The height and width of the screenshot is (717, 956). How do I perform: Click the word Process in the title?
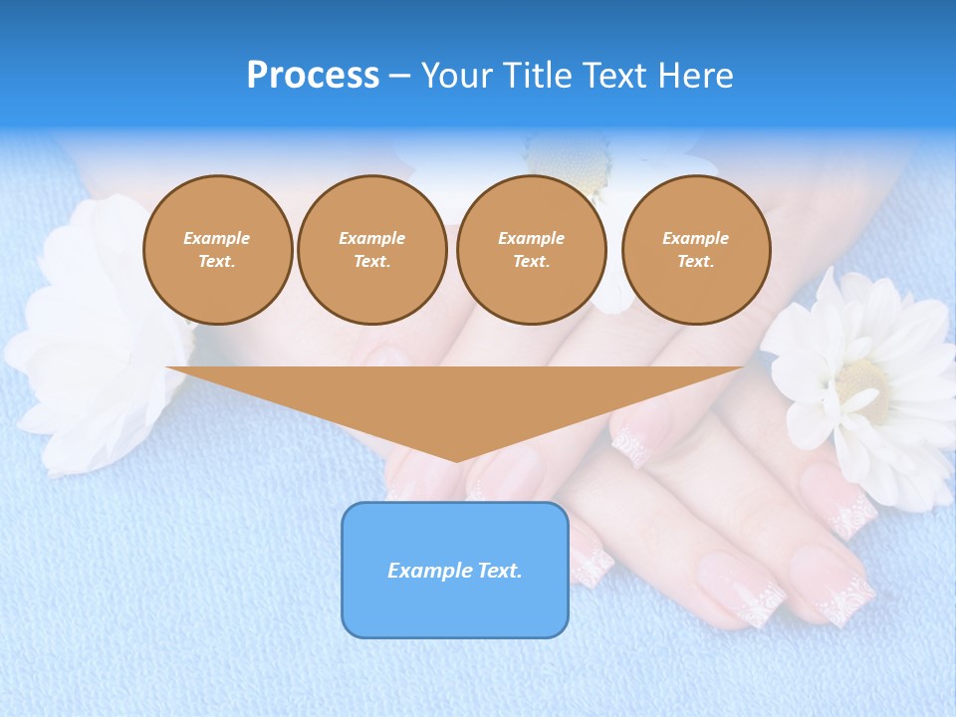point(313,76)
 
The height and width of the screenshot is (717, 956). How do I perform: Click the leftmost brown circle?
point(218,250)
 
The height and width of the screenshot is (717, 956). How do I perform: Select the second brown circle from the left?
point(372,250)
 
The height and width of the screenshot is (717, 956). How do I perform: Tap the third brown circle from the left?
point(531,250)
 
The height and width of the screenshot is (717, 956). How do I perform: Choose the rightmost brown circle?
point(696,250)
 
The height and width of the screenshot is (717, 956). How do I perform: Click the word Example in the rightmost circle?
point(695,238)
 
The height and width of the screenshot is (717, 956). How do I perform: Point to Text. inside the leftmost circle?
point(217,262)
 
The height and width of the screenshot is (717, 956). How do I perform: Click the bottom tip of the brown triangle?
point(456,459)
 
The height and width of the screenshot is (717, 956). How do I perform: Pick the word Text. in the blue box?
point(500,571)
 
